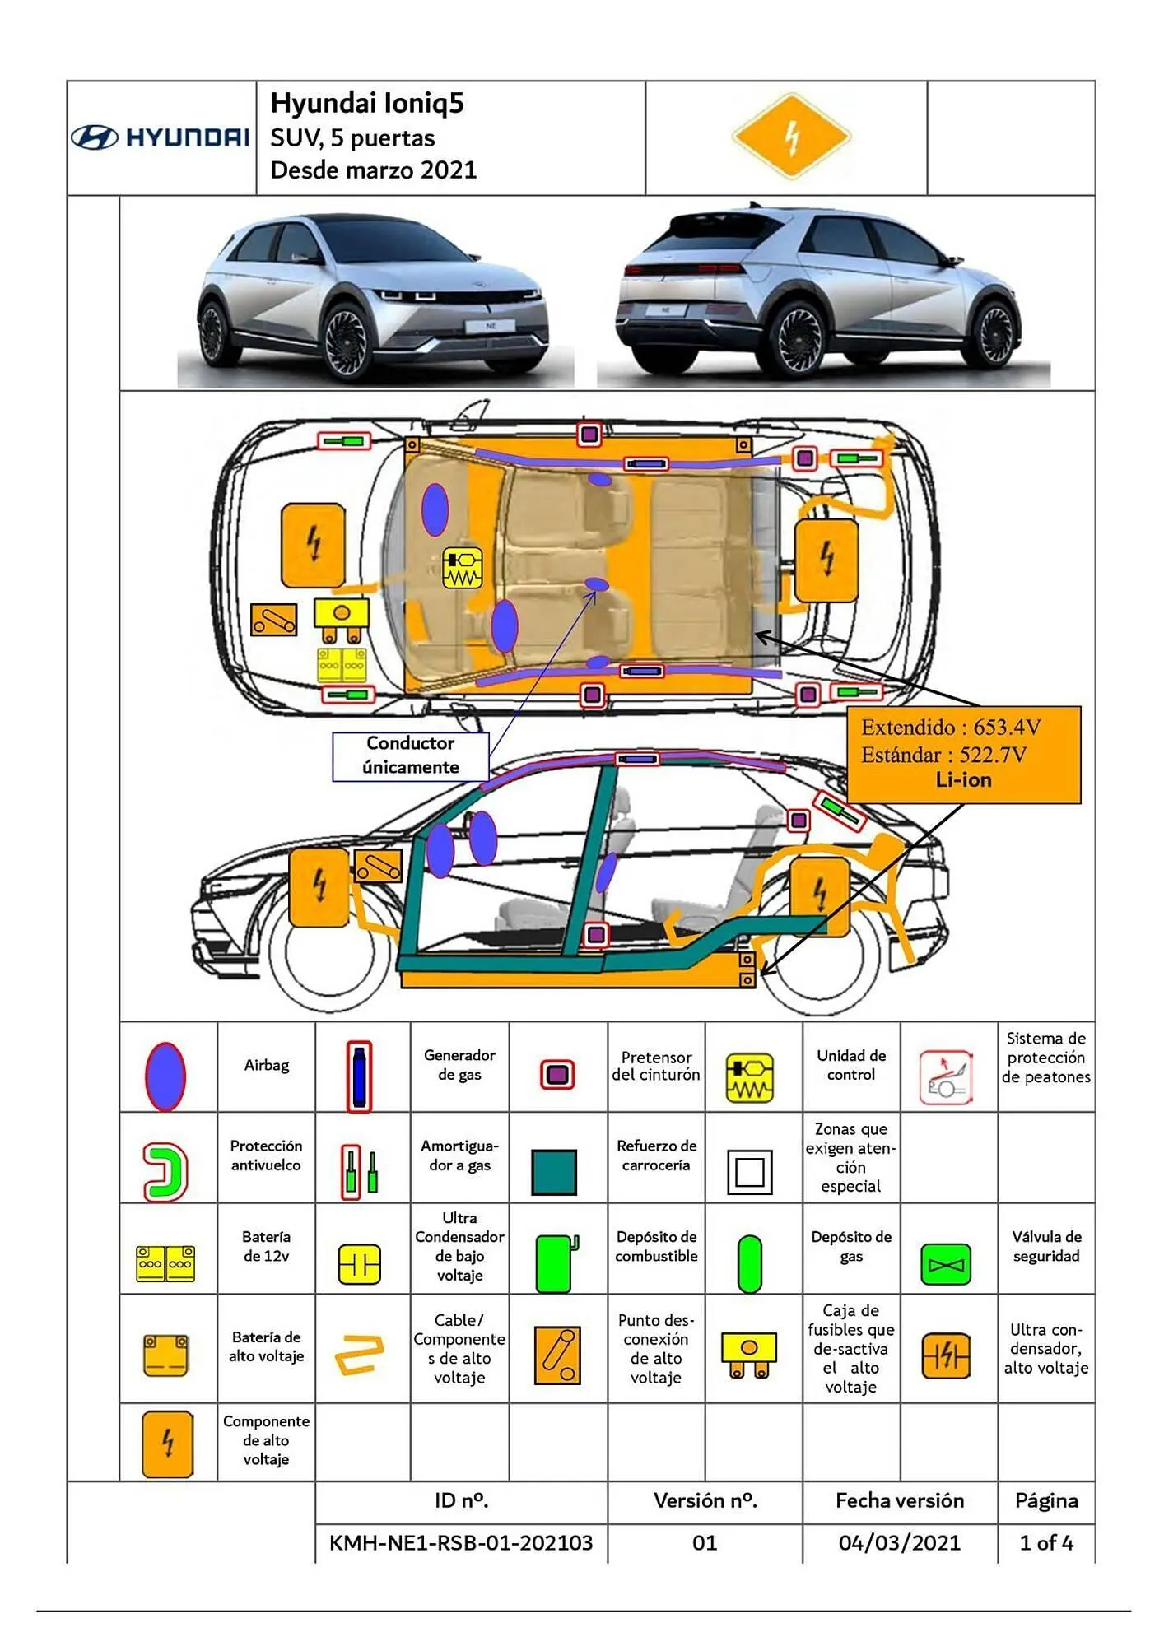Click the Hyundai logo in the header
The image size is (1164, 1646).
pyautogui.click(x=160, y=137)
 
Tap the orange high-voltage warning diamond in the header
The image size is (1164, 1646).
pyautogui.click(x=791, y=137)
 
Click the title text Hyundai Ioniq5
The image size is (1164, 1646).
pyautogui.click(x=367, y=104)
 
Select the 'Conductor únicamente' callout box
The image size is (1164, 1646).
pyautogui.click(x=410, y=756)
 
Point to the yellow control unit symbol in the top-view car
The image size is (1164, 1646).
pyautogui.click(x=462, y=568)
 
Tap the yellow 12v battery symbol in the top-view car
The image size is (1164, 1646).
pyautogui.click(x=342, y=665)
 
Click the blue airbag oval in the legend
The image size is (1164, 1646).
pyautogui.click(x=165, y=1076)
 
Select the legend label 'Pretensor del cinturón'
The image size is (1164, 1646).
pyautogui.click(x=655, y=1066)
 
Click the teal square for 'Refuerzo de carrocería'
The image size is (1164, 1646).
pyautogui.click(x=554, y=1171)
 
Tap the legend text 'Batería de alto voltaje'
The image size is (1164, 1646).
pyautogui.click(x=266, y=1346)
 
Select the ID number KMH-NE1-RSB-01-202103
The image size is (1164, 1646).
pyautogui.click(x=461, y=1542)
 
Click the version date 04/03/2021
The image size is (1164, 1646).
pyautogui.click(x=899, y=1542)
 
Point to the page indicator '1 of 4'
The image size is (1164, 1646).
pyautogui.click(x=1045, y=1542)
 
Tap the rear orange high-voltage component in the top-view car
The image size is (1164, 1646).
pyautogui.click(x=826, y=560)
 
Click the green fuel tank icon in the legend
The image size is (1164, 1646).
pyautogui.click(x=556, y=1263)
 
